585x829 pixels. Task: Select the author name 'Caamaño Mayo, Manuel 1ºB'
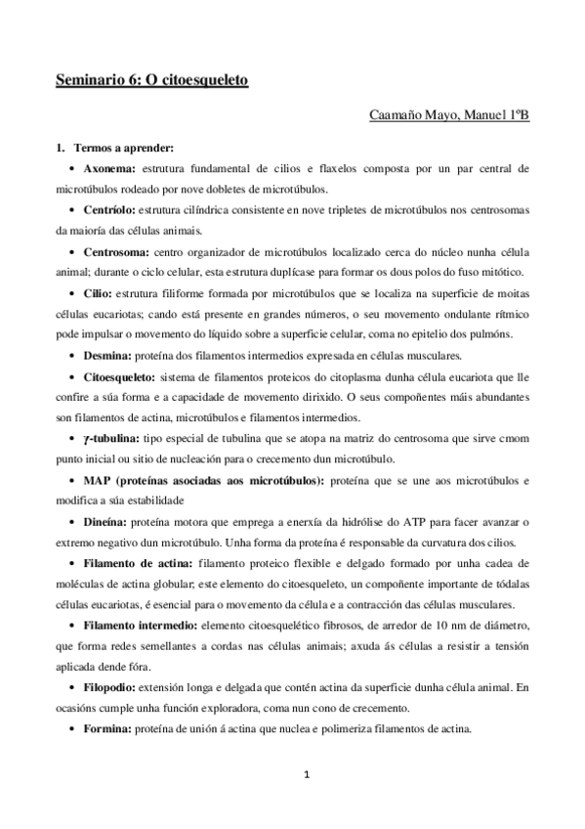(450, 117)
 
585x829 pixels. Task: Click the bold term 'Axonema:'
(110, 169)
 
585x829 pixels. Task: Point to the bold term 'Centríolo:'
(109, 210)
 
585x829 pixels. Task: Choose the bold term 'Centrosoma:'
(115, 251)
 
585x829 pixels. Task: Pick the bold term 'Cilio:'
(100, 292)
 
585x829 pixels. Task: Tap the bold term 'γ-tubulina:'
(114, 438)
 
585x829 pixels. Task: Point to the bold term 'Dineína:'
(106, 521)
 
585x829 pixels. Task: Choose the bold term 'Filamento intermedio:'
(141, 626)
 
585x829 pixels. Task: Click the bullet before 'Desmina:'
(75, 355)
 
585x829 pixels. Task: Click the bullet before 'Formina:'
(75, 728)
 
